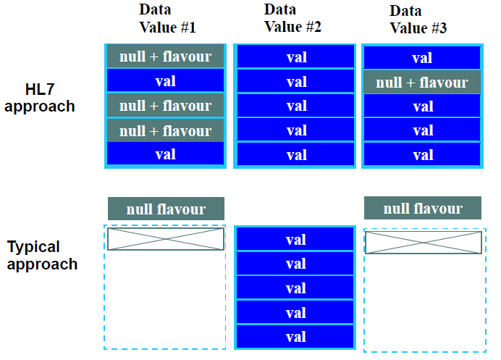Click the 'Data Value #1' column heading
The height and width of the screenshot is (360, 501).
pos(167,19)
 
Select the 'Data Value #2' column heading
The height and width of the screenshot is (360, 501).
pos(292,18)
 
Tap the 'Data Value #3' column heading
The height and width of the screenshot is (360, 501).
pos(418,20)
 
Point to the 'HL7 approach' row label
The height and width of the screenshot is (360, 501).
pos(40,98)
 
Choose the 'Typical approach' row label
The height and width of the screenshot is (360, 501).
pos(42,256)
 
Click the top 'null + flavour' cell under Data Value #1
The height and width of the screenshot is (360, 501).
pos(165,56)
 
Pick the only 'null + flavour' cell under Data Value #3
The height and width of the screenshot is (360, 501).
pos(422,82)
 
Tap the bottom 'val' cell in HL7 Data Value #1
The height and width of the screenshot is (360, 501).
pos(165,154)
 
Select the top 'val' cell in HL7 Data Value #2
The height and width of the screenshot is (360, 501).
pos(295,57)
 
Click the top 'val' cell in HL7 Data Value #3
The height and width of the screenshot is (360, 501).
pos(422,58)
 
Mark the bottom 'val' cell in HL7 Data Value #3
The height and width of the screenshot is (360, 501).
pos(422,155)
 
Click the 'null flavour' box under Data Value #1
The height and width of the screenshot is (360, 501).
pos(166,209)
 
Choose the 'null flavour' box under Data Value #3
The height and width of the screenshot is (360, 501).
pos(422,208)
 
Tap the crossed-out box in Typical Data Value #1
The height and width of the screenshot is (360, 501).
pos(166,239)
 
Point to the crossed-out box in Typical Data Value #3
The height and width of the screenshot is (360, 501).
pos(424,243)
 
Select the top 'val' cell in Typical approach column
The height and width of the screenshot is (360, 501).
pos(295,239)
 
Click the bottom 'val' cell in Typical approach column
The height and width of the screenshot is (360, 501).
pos(295,336)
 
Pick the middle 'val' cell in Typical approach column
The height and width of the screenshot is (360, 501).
pos(295,288)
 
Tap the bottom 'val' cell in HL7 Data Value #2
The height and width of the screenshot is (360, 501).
pos(295,155)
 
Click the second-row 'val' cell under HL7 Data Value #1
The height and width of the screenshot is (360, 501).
pos(165,81)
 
